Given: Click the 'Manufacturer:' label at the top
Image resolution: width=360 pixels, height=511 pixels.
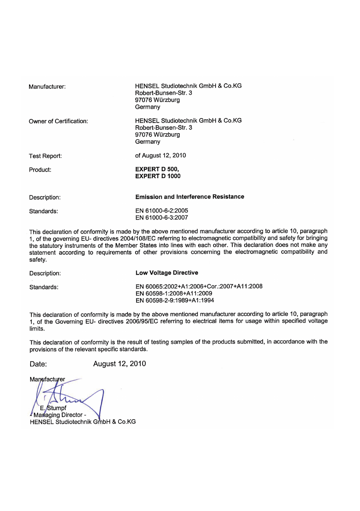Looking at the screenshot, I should pyautogui.click(x=47, y=87).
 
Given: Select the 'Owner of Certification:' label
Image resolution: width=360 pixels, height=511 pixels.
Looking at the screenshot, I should pyautogui.click(x=58, y=121).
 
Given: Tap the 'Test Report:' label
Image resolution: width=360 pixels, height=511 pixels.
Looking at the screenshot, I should pyautogui.click(x=45, y=156).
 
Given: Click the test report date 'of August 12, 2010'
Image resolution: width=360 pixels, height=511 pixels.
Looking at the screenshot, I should pyautogui.click(x=160, y=155).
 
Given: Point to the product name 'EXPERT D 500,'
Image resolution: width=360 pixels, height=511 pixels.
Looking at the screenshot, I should pyautogui.click(x=157, y=169).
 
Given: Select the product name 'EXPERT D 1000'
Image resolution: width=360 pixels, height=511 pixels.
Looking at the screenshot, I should pyautogui.click(x=158, y=176).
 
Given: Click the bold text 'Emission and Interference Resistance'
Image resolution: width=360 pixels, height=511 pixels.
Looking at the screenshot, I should pyautogui.click(x=189, y=197).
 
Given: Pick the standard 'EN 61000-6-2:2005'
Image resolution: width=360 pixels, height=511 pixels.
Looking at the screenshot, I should pyautogui.click(x=162, y=211).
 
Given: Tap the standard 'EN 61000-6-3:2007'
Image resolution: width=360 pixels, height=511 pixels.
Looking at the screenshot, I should pyautogui.click(x=162, y=218).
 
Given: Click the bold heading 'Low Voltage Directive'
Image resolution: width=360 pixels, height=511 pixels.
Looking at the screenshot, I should pyautogui.click(x=167, y=273).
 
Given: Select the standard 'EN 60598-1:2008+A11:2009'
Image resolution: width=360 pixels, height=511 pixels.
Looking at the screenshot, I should pyautogui.click(x=174, y=294).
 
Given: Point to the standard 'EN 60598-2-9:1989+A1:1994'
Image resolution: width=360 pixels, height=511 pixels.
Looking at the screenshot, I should pyautogui.click(x=175, y=300).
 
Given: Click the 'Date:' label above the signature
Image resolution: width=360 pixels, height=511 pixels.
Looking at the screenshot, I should pyautogui.click(x=38, y=364).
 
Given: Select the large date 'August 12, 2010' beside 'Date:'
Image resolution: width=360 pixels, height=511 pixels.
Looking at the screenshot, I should pyautogui.click(x=119, y=364).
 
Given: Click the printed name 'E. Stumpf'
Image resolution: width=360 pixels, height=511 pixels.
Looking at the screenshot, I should pyautogui.click(x=53, y=408).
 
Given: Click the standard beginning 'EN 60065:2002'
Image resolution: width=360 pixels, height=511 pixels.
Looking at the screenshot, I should pyautogui.click(x=199, y=286).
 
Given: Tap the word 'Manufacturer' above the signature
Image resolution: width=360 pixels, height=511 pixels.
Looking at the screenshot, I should pyautogui.click(x=47, y=379).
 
